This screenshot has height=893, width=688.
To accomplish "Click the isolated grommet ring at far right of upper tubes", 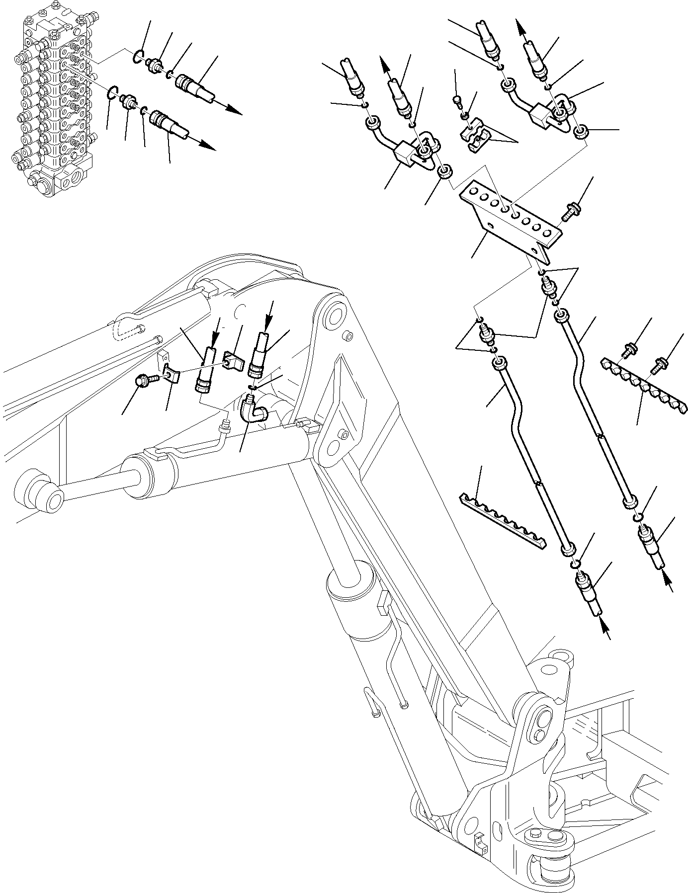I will pos(580,133).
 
